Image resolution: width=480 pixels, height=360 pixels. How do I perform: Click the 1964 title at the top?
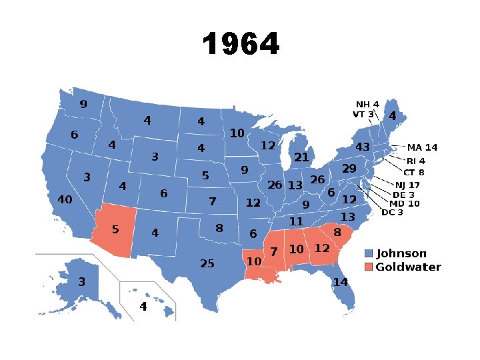coord(241,45)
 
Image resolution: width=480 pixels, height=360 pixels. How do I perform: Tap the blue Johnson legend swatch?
coord(368,254)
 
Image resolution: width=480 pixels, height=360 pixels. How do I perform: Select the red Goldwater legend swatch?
coord(368,267)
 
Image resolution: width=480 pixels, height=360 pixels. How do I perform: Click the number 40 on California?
coord(65,200)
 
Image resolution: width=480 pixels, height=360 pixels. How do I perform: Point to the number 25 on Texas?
coord(207,264)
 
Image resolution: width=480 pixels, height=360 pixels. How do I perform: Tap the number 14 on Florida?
coord(341,282)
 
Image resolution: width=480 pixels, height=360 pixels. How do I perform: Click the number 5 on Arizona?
coord(115,230)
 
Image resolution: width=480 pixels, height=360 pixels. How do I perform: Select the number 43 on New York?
coord(363,147)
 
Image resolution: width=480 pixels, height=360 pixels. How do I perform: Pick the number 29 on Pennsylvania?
coord(349,170)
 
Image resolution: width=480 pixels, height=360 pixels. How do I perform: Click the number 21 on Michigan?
coord(301,157)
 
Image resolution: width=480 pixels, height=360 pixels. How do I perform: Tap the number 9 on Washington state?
coord(83,105)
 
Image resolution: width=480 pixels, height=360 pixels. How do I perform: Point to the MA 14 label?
coord(423,147)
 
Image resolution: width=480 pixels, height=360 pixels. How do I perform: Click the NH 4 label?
coord(367,105)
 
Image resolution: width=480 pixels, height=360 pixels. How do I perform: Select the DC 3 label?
coord(393,213)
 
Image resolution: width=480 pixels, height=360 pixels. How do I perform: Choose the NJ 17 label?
coord(407,185)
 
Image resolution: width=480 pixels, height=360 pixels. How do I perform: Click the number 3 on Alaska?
coord(82,282)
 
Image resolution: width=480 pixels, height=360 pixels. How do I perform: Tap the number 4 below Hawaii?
coord(143,307)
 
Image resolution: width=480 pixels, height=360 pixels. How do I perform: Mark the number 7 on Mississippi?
coord(274,252)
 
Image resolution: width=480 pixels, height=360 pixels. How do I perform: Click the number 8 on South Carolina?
coord(337,233)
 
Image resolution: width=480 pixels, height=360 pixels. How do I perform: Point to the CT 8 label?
coord(413,173)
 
